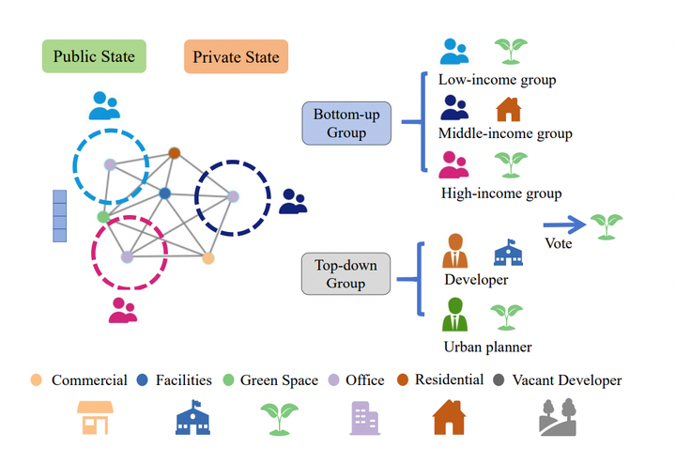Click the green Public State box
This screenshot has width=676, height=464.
click(x=94, y=56)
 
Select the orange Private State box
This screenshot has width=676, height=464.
click(x=236, y=57)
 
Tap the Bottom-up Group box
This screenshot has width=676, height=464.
click(x=346, y=123)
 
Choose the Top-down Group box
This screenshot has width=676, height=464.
click(x=346, y=273)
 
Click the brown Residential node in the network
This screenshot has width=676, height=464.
click(x=174, y=152)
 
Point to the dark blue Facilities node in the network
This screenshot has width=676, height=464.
click(x=164, y=193)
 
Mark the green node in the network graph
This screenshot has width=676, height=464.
click(x=103, y=217)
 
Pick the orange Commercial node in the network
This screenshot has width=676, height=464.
click(x=208, y=257)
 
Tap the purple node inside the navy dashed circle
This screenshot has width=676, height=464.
click(x=233, y=196)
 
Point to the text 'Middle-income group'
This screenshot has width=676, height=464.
click(x=505, y=133)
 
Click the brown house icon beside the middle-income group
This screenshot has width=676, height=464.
click(x=508, y=109)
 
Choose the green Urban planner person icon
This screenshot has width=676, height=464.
click(x=455, y=316)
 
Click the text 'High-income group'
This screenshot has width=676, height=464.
click(x=501, y=193)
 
